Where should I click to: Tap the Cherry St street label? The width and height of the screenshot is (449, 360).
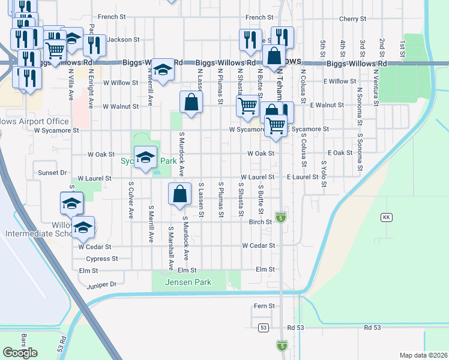pyautogui.click(x=348, y=19)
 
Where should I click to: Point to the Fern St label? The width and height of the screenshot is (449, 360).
pyautogui.click(x=264, y=306)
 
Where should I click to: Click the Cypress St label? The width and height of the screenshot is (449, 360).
pyautogui.click(x=101, y=259)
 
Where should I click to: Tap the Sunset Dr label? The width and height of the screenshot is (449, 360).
pyautogui.click(x=52, y=172)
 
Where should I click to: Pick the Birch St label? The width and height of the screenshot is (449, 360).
pyautogui.click(x=261, y=222)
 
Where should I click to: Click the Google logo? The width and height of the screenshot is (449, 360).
pyautogui.click(x=20, y=352)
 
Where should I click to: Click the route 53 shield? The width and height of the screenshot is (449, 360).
pyautogui.click(x=263, y=328)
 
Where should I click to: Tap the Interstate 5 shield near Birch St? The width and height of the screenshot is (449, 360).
pyautogui.click(x=280, y=216)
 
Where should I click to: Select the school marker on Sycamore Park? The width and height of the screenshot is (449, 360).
pyautogui.click(x=144, y=158)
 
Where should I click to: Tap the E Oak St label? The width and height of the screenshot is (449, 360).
pyautogui.click(x=340, y=153)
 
